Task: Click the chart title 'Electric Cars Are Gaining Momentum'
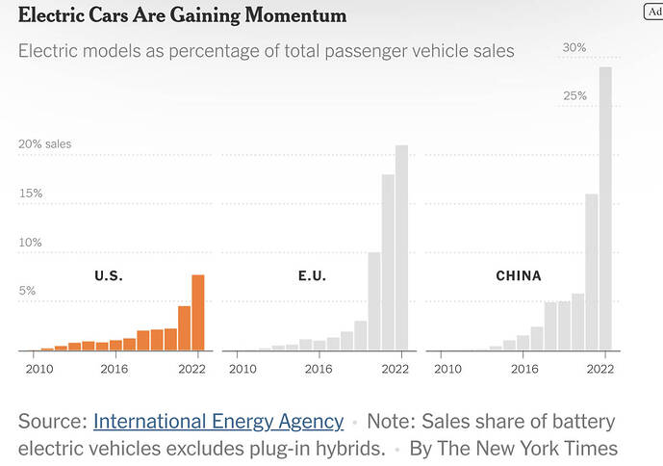pos(183,16)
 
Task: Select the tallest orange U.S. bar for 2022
pos(198,313)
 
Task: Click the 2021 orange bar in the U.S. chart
pos(184,328)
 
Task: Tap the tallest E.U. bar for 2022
pos(401,248)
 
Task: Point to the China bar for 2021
pos(592,272)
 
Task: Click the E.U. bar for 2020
pos(374,301)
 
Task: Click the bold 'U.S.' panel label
pos(109,276)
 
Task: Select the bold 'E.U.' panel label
pos(313,276)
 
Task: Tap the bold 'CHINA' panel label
pos(519,276)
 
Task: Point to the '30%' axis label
pos(574,47)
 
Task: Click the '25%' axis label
pos(574,96)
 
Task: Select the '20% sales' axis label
pos(44,144)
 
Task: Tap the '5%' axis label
pos(28,291)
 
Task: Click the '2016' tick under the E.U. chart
pos(320,369)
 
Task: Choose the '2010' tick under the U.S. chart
pos(39,369)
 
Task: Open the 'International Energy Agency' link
pos(218,422)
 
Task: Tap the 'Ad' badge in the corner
pos(653,11)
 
